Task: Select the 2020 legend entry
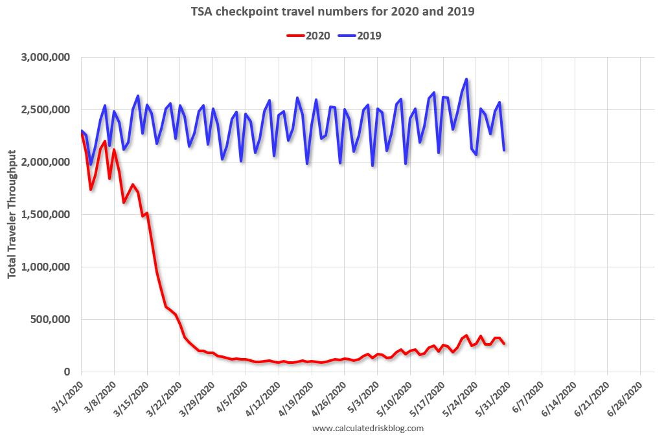point(308,36)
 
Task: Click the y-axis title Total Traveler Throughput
point(12,214)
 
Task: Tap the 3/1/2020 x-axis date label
point(67,393)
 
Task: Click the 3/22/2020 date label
point(165,394)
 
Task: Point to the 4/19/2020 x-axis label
point(296,394)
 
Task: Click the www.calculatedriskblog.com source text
point(368,428)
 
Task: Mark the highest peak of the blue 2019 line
point(466,79)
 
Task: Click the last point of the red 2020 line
point(504,344)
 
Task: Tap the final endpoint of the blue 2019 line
point(504,150)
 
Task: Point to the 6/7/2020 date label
point(528,393)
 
